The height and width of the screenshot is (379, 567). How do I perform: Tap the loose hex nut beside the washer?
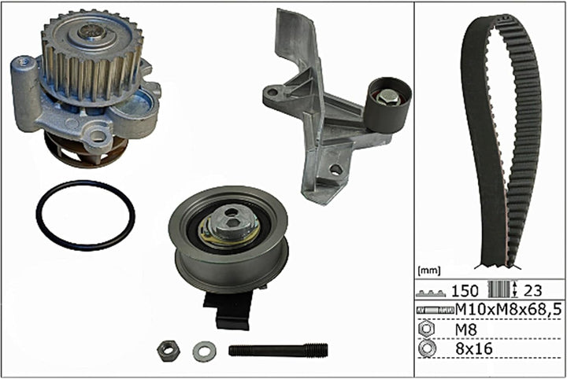click(x=167, y=351)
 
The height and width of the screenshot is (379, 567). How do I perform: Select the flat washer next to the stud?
click(x=204, y=351)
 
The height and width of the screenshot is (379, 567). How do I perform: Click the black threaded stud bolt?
click(x=278, y=350)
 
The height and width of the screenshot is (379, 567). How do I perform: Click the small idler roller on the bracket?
click(x=387, y=105)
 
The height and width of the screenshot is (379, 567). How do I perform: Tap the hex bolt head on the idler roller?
click(x=388, y=96)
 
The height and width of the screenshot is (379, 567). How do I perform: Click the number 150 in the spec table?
click(x=465, y=291)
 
